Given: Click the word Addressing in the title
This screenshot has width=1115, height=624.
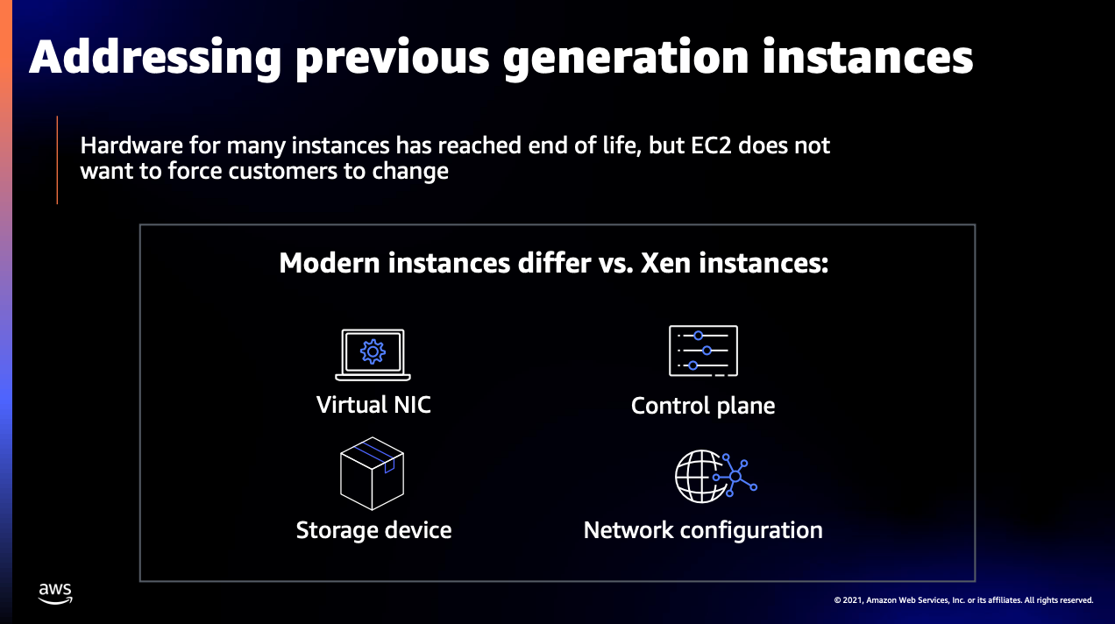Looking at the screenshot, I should pos(155,57).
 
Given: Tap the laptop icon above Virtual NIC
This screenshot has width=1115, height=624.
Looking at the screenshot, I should pos(373,354).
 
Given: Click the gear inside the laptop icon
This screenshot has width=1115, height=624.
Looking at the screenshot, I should pos(373,351).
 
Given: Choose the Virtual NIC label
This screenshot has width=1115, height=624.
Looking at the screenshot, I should pos(373,405).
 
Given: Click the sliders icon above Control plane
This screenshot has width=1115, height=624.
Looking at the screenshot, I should pos(703,351).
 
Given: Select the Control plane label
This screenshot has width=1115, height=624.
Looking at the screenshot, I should pos(703,406).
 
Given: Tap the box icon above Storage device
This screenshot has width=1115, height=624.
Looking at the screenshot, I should pos(372,473).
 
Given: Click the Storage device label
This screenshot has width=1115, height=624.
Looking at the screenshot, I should pos(373,530).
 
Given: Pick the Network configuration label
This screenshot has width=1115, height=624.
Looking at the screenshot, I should pos(703,530).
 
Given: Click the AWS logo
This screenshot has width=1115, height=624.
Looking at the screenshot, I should pos(55,593).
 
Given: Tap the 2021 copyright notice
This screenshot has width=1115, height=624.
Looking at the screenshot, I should pos(963,600).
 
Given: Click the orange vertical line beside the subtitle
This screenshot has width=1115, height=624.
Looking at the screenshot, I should pos(57,160).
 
